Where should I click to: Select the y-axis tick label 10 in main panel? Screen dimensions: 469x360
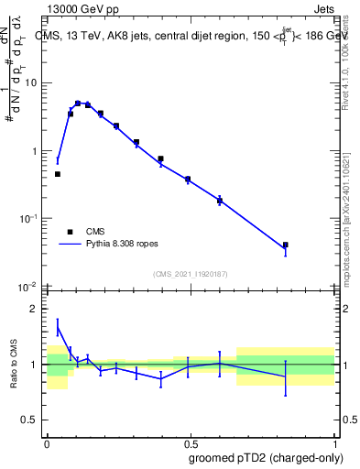tap(30, 83)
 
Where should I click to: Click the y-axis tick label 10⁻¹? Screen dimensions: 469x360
tap(27, 218)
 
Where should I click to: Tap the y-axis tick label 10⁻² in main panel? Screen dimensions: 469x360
tap(27, 286)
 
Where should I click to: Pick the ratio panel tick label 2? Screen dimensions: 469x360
tap(35, 309)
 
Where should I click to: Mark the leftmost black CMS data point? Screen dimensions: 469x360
tap(58, 174)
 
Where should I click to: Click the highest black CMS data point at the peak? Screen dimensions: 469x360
tap(79, 104)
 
